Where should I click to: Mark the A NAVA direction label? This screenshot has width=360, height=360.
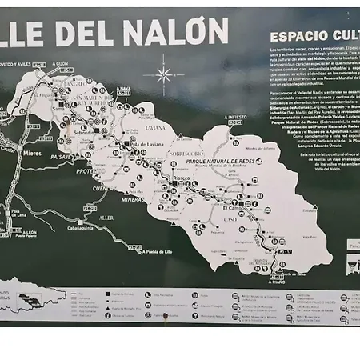click(122, 89)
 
